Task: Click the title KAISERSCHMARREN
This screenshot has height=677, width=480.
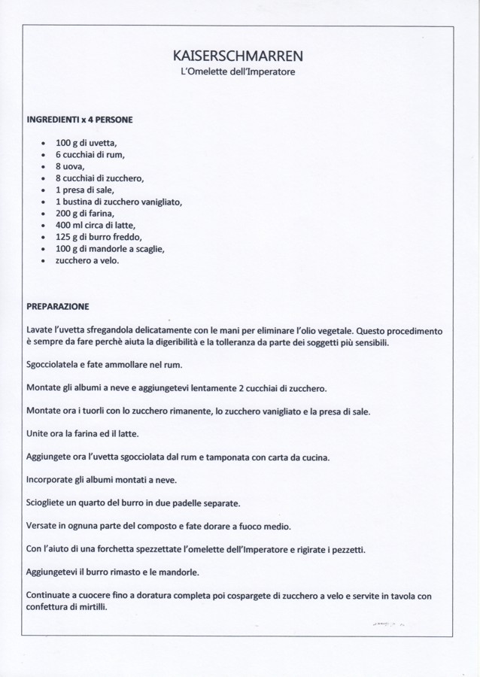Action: click(238, 56)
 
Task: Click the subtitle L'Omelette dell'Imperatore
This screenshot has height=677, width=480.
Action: click(238, 72)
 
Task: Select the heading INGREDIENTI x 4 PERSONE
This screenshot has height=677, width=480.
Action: click(80, 120)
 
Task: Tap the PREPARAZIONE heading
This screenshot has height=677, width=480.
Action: click(58, 307)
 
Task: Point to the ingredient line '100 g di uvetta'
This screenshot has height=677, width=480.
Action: click(86, 143)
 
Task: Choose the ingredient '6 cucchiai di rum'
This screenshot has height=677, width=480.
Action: click(90, 155)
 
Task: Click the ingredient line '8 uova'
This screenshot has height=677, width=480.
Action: click(70, 166)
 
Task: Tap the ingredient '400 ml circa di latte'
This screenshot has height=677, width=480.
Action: click(96, 225)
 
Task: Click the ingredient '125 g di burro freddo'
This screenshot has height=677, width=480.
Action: click(99, 237)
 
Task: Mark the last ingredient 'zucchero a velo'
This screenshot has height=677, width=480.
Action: click(87, 260)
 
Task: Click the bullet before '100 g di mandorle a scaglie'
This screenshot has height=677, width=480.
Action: click(44, 249)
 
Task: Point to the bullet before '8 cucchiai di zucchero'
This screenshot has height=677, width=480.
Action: click(44, 179)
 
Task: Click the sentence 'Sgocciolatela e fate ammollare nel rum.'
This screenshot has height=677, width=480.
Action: click(105, 366)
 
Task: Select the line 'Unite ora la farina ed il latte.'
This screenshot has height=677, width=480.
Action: click(83, 434)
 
